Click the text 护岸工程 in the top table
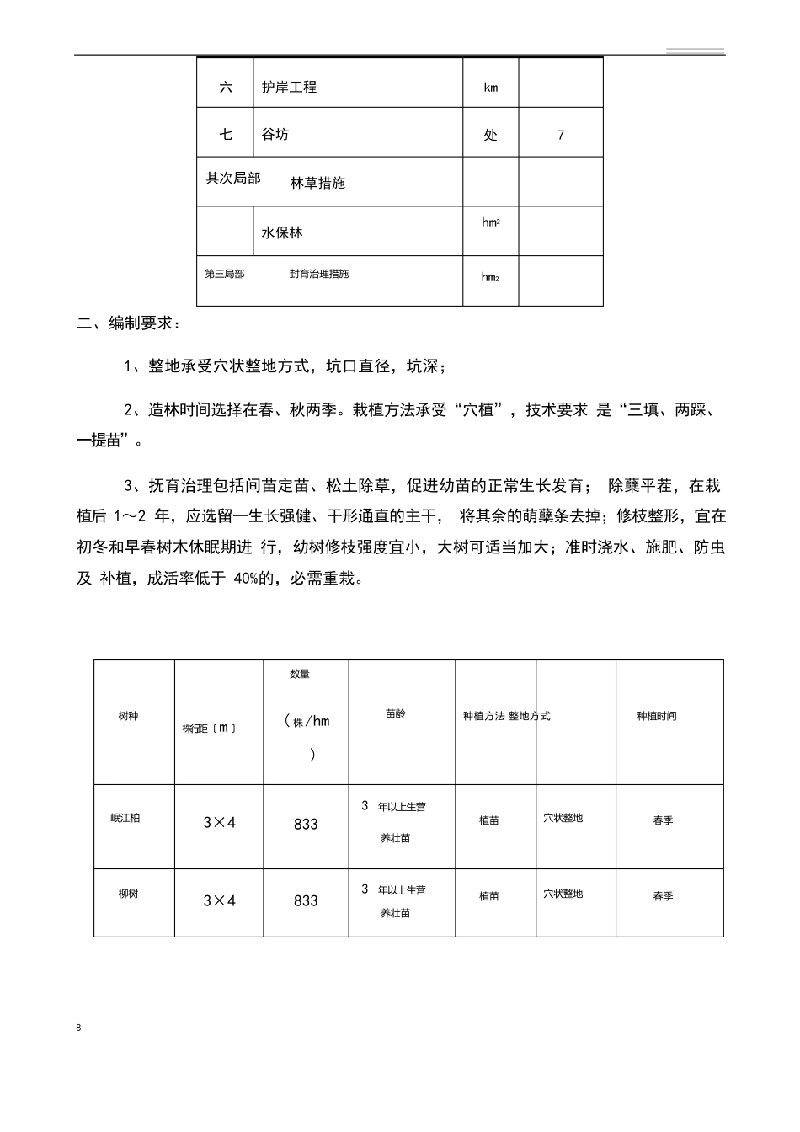tap(289, 87)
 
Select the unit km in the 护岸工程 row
tap(490, 88)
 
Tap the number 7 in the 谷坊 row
tap(561, 135)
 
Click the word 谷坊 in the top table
tap(275, 134)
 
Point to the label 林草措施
tap(317, 183)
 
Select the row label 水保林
tap(282, 232)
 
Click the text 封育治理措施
tap(319, 274)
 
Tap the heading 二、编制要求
tap(126, 323)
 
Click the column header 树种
tap(128, 716)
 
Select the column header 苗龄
tap(395, 713)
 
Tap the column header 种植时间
tap(657, 716)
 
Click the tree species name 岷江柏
tap(125, 818)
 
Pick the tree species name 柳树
tap(128, 894)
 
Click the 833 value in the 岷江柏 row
tap(306, 825)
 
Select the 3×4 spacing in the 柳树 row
tap(219, 901)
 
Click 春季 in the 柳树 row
tap(663, 897)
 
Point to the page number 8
tap(78, 1028)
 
